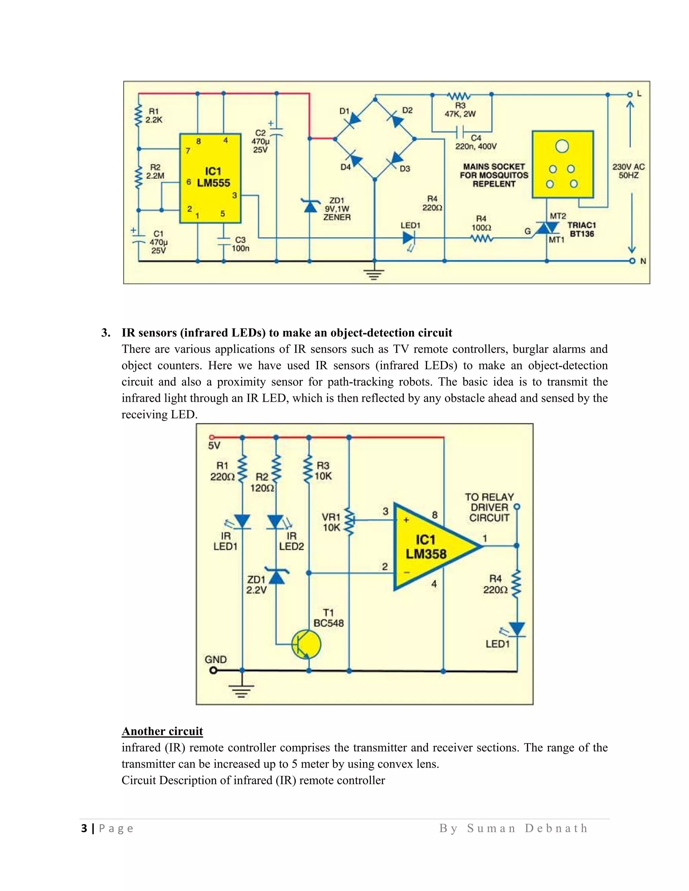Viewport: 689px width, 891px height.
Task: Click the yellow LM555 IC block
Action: tap(210, 178)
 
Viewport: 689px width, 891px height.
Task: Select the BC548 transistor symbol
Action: tap(306, 645)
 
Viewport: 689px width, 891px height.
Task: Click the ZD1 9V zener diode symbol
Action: tap(310, 206)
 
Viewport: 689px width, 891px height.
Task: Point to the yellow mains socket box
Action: tap(563, 164)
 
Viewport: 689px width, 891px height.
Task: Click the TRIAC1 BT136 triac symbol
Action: tap(547, 228)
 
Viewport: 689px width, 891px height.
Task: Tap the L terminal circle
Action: tap(630, 95)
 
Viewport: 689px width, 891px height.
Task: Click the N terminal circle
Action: tap(632, 261)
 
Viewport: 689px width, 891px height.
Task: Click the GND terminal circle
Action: tap(212, 670)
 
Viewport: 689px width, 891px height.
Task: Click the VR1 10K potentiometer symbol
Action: tap(349, 522)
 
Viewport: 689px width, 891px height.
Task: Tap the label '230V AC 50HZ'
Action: tap(628, 171)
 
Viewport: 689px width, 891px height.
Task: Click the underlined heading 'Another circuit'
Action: tap(162, 731)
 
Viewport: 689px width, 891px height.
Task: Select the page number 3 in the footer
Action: tap(84, 828)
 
